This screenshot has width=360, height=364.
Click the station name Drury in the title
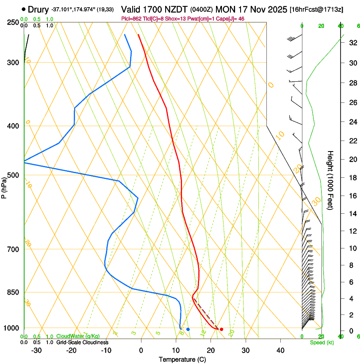[x=39, y=9]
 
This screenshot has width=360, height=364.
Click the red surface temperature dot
[x=222, y=329]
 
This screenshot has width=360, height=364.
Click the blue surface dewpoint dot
[x=188, y=329]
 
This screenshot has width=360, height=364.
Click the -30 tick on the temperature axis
[x=36, y=350]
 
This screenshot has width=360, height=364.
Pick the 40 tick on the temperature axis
[x=280, y=350]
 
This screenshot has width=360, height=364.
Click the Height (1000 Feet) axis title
[x=330, y=180]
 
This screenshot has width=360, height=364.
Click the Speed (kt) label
[x=321, y=342]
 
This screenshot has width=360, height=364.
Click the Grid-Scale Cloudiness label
[x=82, y=342]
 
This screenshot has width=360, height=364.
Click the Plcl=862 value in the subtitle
[x=132, y=19]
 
